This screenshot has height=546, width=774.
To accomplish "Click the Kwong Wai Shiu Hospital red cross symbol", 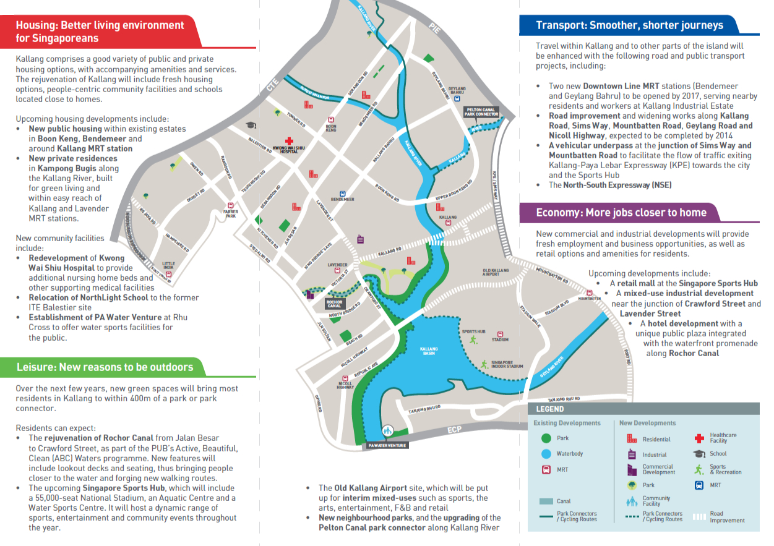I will click(289, 142).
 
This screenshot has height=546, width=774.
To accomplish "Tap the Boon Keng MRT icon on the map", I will click(331, 121).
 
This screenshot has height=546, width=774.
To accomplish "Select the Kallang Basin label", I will click(429, 351).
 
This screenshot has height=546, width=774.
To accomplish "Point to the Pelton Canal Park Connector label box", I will click(481, 112).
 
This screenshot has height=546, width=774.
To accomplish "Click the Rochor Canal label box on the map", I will click(335, 304).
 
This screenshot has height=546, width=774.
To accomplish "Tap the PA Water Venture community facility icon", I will click(388, 430).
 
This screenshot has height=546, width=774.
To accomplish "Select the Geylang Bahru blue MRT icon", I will click(457, 98).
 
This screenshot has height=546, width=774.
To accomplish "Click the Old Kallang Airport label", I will click(496, 272).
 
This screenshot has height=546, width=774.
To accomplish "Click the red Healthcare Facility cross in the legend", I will click(700, 438).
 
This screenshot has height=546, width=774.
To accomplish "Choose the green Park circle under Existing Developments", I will click(546, 438).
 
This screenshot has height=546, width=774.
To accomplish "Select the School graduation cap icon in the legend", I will click(700, 454).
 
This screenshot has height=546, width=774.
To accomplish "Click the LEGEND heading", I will click(549, 409).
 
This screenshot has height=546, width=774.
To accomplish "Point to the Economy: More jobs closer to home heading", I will click(621, 213).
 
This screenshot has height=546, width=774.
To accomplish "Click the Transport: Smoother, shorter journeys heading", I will click(629, 25).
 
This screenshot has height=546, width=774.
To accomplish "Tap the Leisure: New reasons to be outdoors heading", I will click(105, 367).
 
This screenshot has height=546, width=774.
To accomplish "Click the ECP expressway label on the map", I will click(456, 431).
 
